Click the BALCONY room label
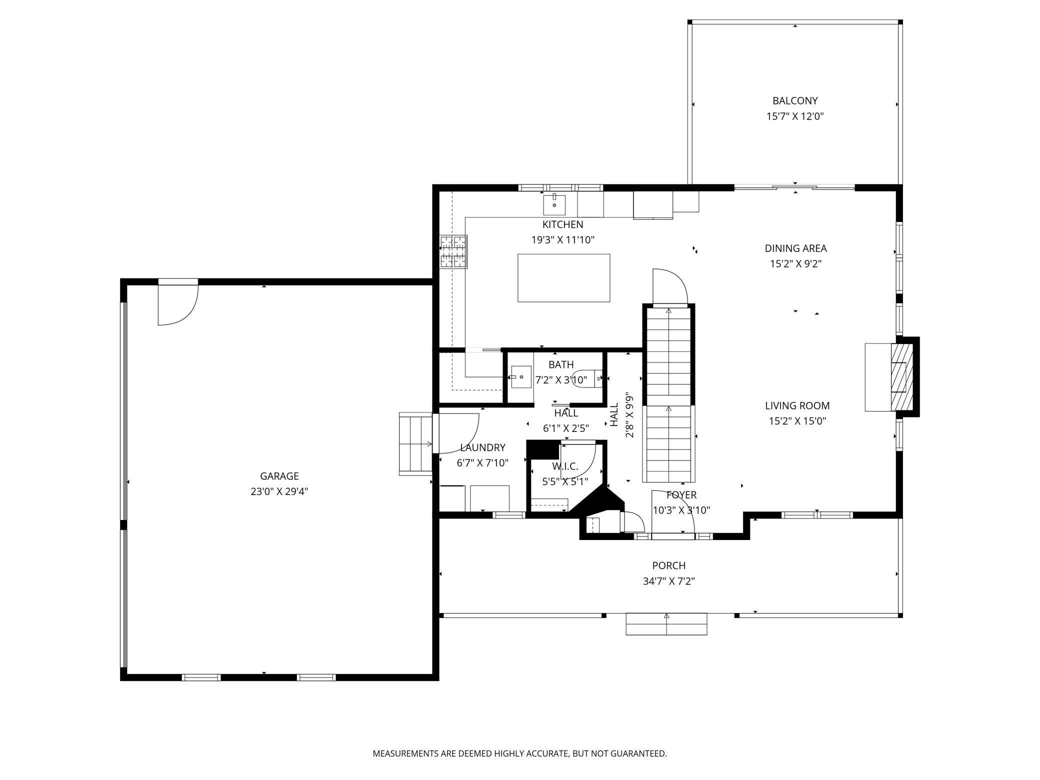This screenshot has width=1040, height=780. (x=794, y=100)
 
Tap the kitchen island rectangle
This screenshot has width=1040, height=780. (x=563, y=277)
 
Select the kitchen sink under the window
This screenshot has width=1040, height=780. (x=554, y=205)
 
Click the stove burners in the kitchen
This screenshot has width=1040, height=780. (x=453, y=251)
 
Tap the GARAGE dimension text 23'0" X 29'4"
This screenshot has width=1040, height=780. (x=279, y=491)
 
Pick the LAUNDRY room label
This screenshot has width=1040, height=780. (x=482, y=447)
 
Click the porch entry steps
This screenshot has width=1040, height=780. (x=666, y=624)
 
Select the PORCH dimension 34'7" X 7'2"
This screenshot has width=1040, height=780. (x=668, y=581)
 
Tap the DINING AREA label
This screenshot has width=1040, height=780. (x=795, y=248)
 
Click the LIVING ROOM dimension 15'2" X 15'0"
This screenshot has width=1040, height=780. (x=797, y=421)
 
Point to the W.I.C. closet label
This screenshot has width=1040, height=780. (x=565, y=466)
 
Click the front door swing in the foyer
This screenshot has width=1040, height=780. (x=672, y=512)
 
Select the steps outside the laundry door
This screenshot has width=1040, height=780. (x=415, y=443)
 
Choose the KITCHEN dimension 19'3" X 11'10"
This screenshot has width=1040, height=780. (x=562, y=240)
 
